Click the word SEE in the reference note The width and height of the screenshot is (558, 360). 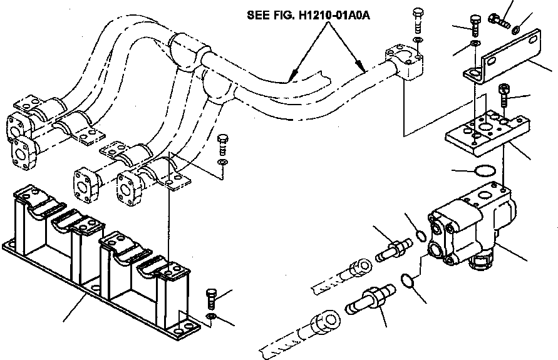257,14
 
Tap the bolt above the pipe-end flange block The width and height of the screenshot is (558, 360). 418,21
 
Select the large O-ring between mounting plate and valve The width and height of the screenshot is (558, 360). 485,171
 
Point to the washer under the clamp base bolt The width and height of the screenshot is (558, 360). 212,319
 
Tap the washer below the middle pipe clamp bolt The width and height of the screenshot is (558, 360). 222,164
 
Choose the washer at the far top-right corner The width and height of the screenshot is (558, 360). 515,29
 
